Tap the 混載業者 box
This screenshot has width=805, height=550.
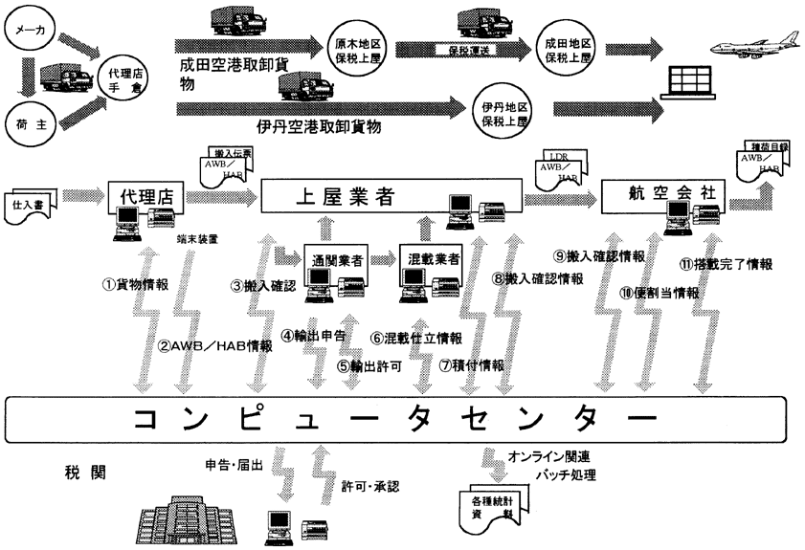pyautogui.click(x=427, y=259)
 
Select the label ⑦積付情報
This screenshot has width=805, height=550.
pyautogui.click(x=471, y=364)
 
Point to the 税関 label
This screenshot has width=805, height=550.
pyautogui.click(x=78, y=472)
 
